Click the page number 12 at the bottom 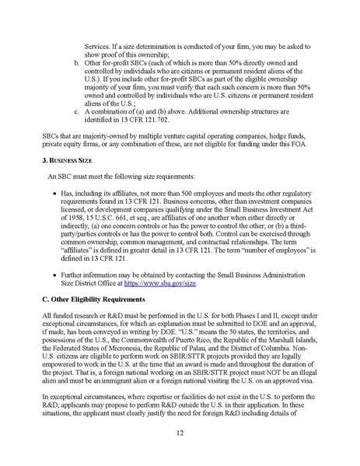pos(180,432)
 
